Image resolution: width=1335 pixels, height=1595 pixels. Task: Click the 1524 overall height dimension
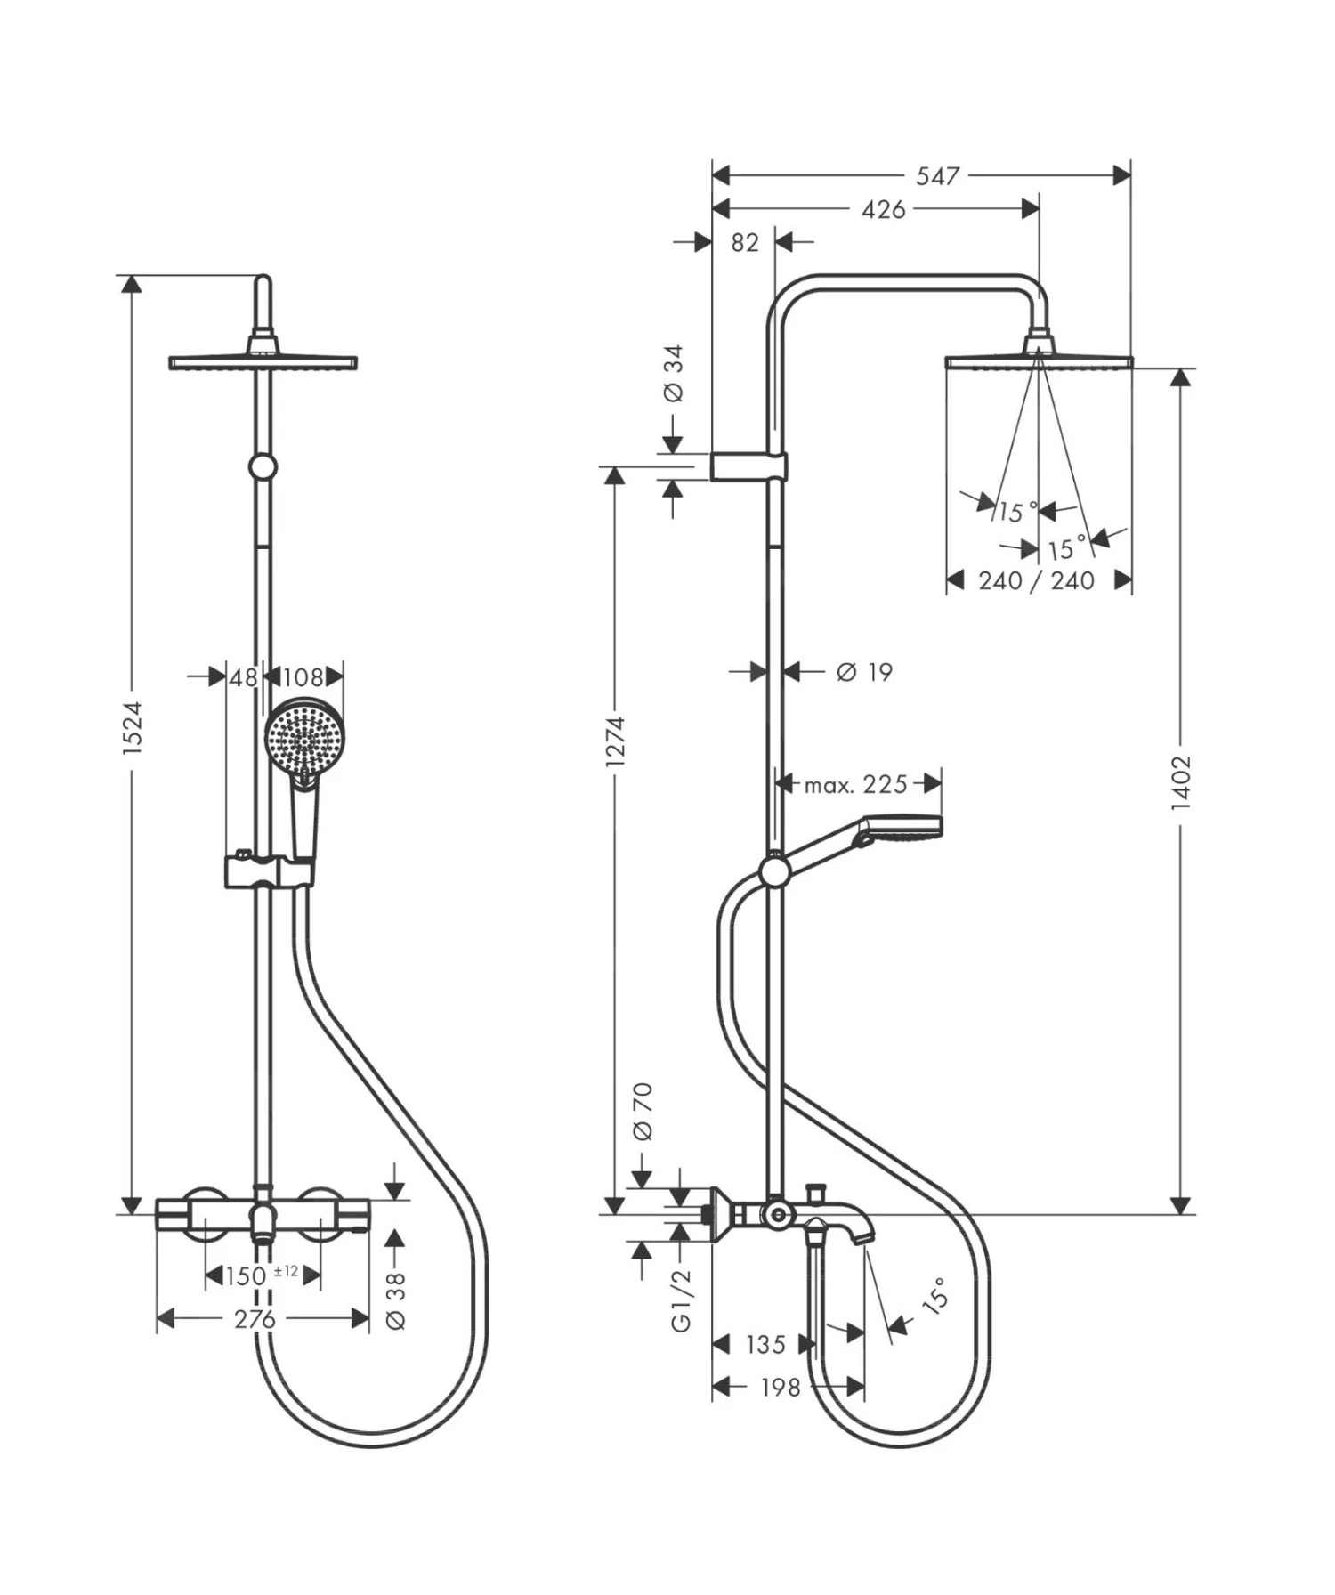click(132, 728)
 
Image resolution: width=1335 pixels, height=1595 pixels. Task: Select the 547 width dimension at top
click(938, 175)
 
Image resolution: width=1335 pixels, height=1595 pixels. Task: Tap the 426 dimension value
click(883, 209)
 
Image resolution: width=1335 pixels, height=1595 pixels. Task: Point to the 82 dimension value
click(744, 242)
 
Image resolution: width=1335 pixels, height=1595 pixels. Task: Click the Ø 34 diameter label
click(674, 374)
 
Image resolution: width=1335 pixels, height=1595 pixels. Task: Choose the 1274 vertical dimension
click(615, 741)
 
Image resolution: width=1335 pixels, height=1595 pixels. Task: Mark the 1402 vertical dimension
click(1180, 782)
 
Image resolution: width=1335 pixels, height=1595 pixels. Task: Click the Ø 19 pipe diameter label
click(863, 672)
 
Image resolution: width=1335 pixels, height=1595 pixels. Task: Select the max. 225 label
click(855, 784)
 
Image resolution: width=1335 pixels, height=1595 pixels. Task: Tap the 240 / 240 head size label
click(1036, 581)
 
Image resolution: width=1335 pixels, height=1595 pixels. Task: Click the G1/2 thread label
click(681, 1300)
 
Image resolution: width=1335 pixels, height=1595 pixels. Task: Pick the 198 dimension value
click(780, 1387)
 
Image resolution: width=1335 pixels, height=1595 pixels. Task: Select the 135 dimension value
click(765, 1344)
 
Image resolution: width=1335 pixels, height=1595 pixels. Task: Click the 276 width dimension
click(255, 1318)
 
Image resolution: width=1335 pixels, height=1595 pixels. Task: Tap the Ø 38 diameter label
click(396, 1300)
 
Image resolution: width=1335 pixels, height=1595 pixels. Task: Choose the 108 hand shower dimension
click(303, 677)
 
